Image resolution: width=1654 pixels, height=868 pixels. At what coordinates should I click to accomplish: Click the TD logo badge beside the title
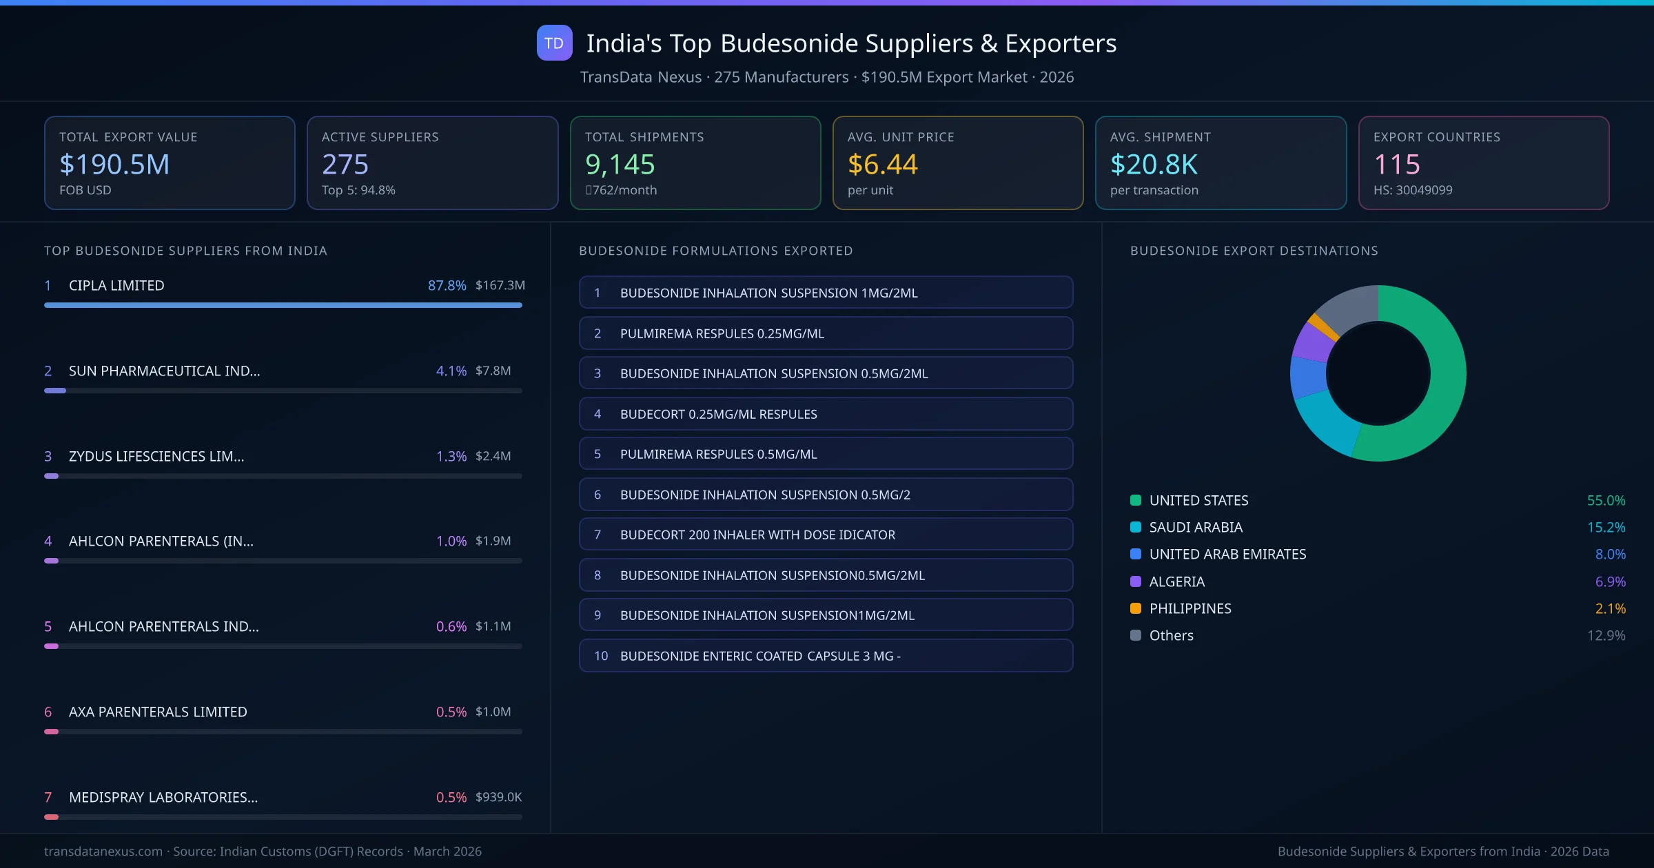(x=554, y=43)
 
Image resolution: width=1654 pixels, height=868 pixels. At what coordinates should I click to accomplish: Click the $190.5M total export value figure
(x=114, y=165)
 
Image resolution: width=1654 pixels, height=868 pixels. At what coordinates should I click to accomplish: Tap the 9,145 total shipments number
(x=620, y=165)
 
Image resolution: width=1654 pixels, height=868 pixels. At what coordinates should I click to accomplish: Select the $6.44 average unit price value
(x=882, y=165)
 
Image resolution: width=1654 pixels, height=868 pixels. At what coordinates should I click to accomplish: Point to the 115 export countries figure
(x=1396, y=165)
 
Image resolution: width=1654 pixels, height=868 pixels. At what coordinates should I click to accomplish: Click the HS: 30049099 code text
(x=1412, y=190)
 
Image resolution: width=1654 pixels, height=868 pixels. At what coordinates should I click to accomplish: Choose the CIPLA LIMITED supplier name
(x=116, y=285)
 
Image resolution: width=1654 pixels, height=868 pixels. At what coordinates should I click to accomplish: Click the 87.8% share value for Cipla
(x=447, y=285)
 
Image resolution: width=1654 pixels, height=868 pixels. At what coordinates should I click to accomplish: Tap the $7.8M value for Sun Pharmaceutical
(x=493, y=371)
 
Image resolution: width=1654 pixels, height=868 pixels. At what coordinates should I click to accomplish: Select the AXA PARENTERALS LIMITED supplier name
(x=158, y=712)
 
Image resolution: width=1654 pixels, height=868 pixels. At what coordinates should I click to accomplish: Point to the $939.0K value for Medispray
(x=498, y=797)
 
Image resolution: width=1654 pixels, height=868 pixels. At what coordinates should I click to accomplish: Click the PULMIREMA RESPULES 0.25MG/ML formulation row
(x=826, y=333)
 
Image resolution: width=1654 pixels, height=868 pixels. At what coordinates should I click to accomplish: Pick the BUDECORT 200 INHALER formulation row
(x=826, y=535)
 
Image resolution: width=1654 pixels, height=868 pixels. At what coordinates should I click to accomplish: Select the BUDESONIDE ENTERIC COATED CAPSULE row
(x=826, y=656)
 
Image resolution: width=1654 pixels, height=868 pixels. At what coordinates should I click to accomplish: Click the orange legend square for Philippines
(x=1136, y=608)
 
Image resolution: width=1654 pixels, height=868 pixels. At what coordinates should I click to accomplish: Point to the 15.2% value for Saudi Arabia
(x=1606, y=527)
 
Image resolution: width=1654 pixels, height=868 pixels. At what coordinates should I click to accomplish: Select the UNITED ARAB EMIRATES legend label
(x=1227, y=554)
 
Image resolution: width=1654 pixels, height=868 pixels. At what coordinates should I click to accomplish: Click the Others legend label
(x=1171, y=635)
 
